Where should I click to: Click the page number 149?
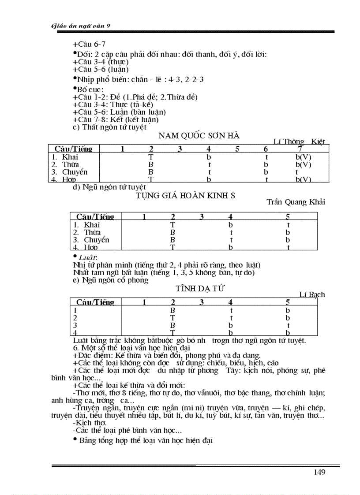coord(319,472)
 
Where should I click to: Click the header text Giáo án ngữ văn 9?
coord(80,26)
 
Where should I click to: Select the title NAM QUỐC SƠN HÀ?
coord(199,135)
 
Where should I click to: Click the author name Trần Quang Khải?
coord(296,202)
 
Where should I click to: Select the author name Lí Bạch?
coord(312,294)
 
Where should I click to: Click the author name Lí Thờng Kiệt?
coord(299,141)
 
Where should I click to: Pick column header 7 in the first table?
coord(300,149)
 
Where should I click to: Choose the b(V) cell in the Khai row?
coord(303,157)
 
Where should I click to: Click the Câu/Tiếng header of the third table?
coord(95,302)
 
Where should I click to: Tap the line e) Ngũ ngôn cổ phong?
coord(110,280)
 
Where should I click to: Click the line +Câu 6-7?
coord(89,44)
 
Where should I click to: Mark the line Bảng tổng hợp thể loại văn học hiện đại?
coord(146,440)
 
